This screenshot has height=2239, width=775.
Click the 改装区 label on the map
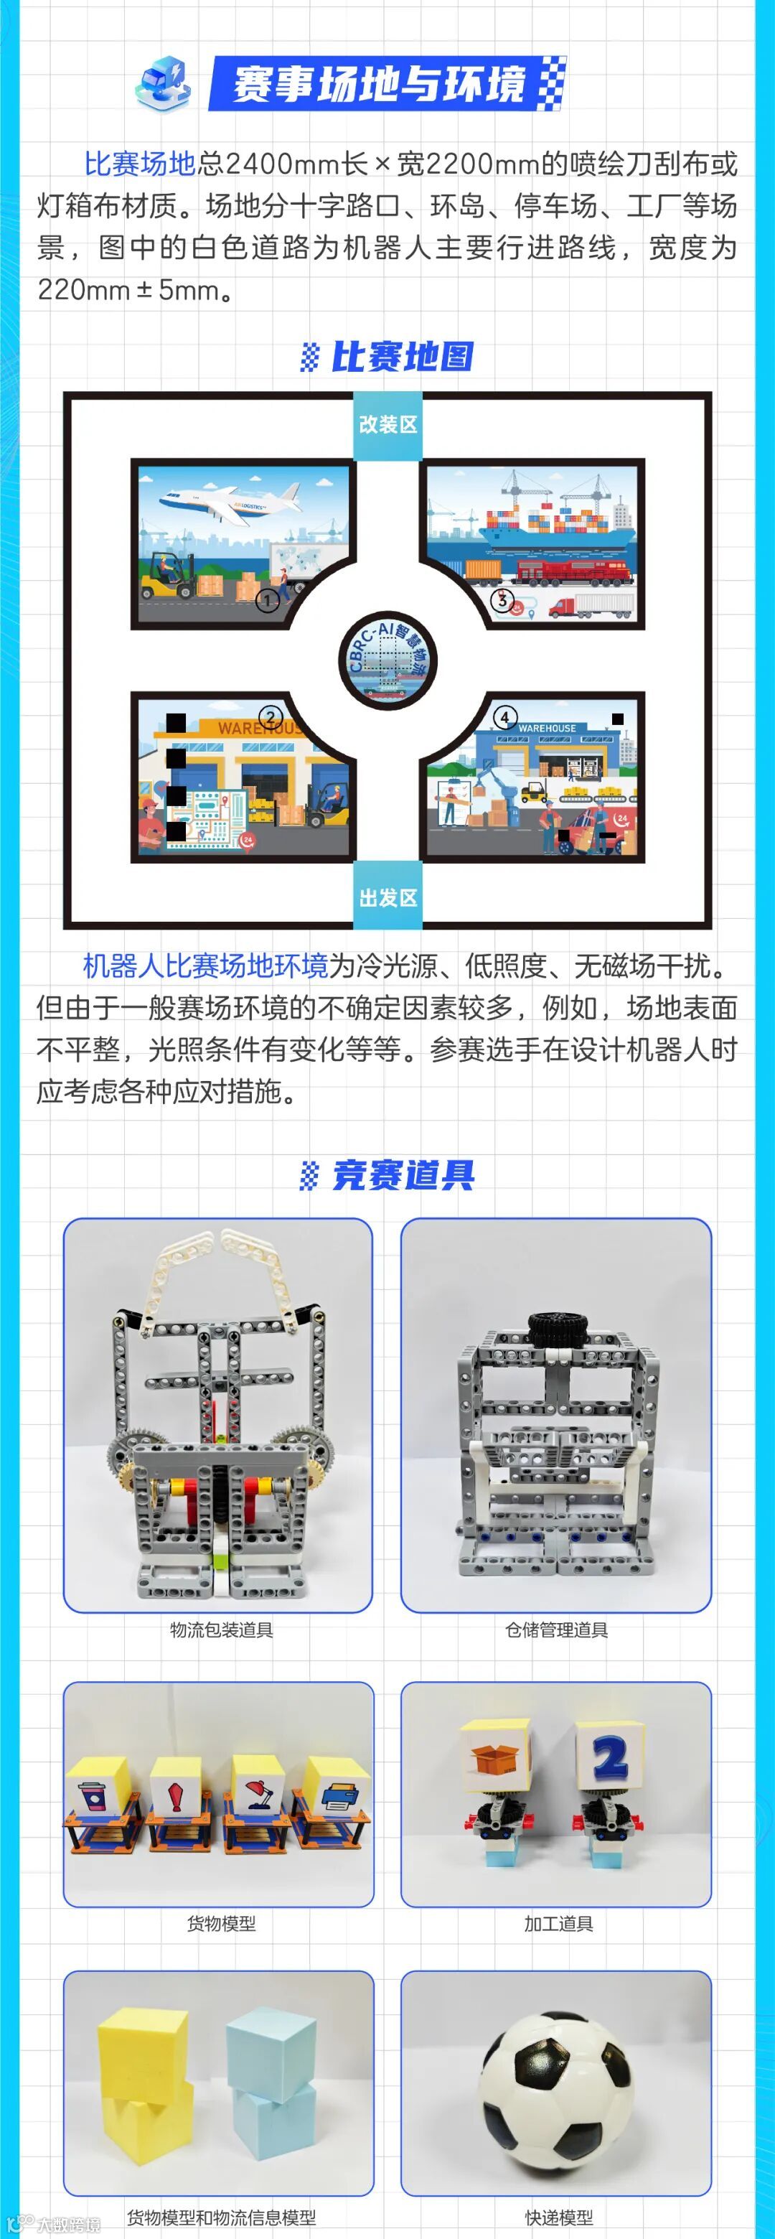[x=387, y=424]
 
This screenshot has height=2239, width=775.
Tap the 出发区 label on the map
[x=387, y=897]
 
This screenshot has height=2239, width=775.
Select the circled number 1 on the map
[x=268, y=599]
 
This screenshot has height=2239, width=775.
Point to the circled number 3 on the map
[x=502, y=599]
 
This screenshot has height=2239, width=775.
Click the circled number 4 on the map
[x=504, y=718]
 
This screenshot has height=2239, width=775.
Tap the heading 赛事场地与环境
[x=379, y=84]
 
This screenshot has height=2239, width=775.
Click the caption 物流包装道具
[x=222, y=1630]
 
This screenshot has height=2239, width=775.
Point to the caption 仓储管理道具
[x=557, y=1630]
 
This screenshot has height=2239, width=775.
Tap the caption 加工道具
[x=558, y=1923]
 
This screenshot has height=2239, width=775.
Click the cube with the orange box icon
[x=496, y=1756]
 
